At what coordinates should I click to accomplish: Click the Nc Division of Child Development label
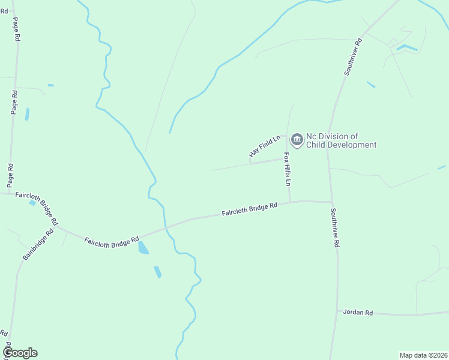pos(341,140)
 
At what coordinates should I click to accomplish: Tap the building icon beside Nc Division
pos(297,140)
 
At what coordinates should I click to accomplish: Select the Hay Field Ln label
pos(265,147)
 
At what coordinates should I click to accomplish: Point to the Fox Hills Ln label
pos(288,169)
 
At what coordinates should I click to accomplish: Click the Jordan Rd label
pos(358,313)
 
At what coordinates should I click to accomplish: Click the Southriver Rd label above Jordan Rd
pos(336,228)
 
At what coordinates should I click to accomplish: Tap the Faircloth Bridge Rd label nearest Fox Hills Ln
pos(249,209)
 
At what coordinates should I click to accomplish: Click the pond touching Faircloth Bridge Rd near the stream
pos(143,247)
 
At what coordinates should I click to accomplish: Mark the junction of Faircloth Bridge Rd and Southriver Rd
pos(332,202)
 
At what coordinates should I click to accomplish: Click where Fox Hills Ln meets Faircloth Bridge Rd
pos(290,202)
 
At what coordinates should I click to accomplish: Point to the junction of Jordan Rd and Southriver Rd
pos(337,311)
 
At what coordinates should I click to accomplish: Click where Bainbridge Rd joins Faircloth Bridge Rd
pos(58,227)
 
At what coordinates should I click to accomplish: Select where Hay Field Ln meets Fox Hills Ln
pos(283,159)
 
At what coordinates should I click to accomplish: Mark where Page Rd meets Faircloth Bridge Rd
pos(10,193)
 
